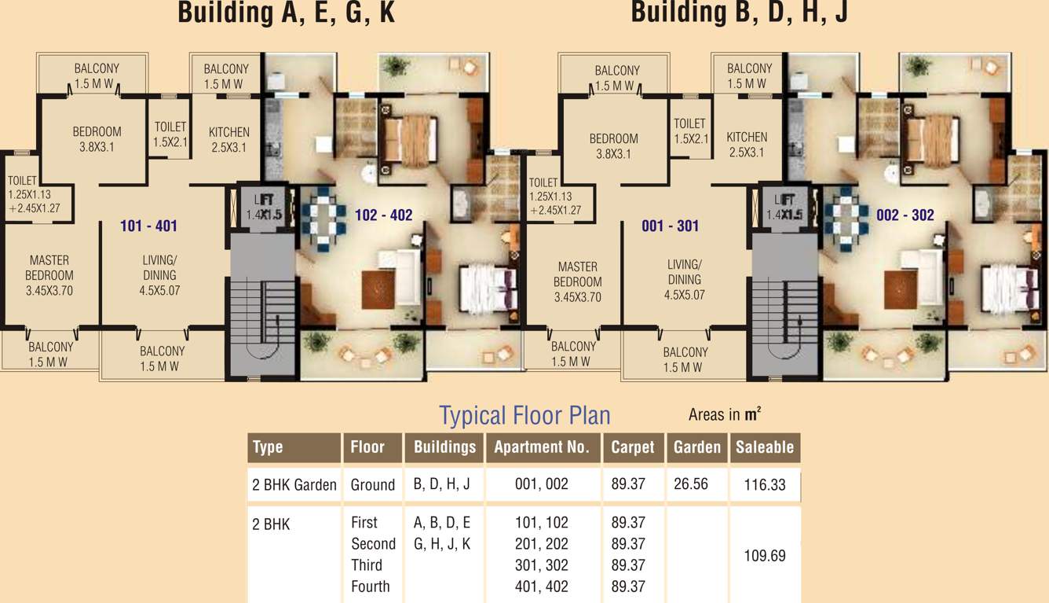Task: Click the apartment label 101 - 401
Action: point(149,226)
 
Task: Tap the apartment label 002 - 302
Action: point(905,215)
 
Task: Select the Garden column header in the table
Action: point(696,447)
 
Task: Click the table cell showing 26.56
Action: point(691,484)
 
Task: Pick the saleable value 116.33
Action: point(765,484)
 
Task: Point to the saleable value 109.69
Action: point(765,556)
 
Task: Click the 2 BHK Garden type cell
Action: point(294,484)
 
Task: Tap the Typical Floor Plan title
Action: point(524,415)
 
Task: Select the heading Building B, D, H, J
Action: point(740,11)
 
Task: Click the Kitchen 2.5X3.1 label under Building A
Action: point(229,140)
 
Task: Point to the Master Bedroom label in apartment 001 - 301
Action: point(577,281)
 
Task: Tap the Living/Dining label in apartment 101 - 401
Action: point(159,275)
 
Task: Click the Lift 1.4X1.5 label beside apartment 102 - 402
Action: point(265,207)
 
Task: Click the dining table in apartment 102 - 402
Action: point(323,219)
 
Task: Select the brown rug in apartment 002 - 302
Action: point(900,290)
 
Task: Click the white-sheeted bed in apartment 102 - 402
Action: point(487,289)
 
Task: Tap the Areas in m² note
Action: point(725,414)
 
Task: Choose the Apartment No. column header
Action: point(542,447)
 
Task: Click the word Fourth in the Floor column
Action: point(371,586)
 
